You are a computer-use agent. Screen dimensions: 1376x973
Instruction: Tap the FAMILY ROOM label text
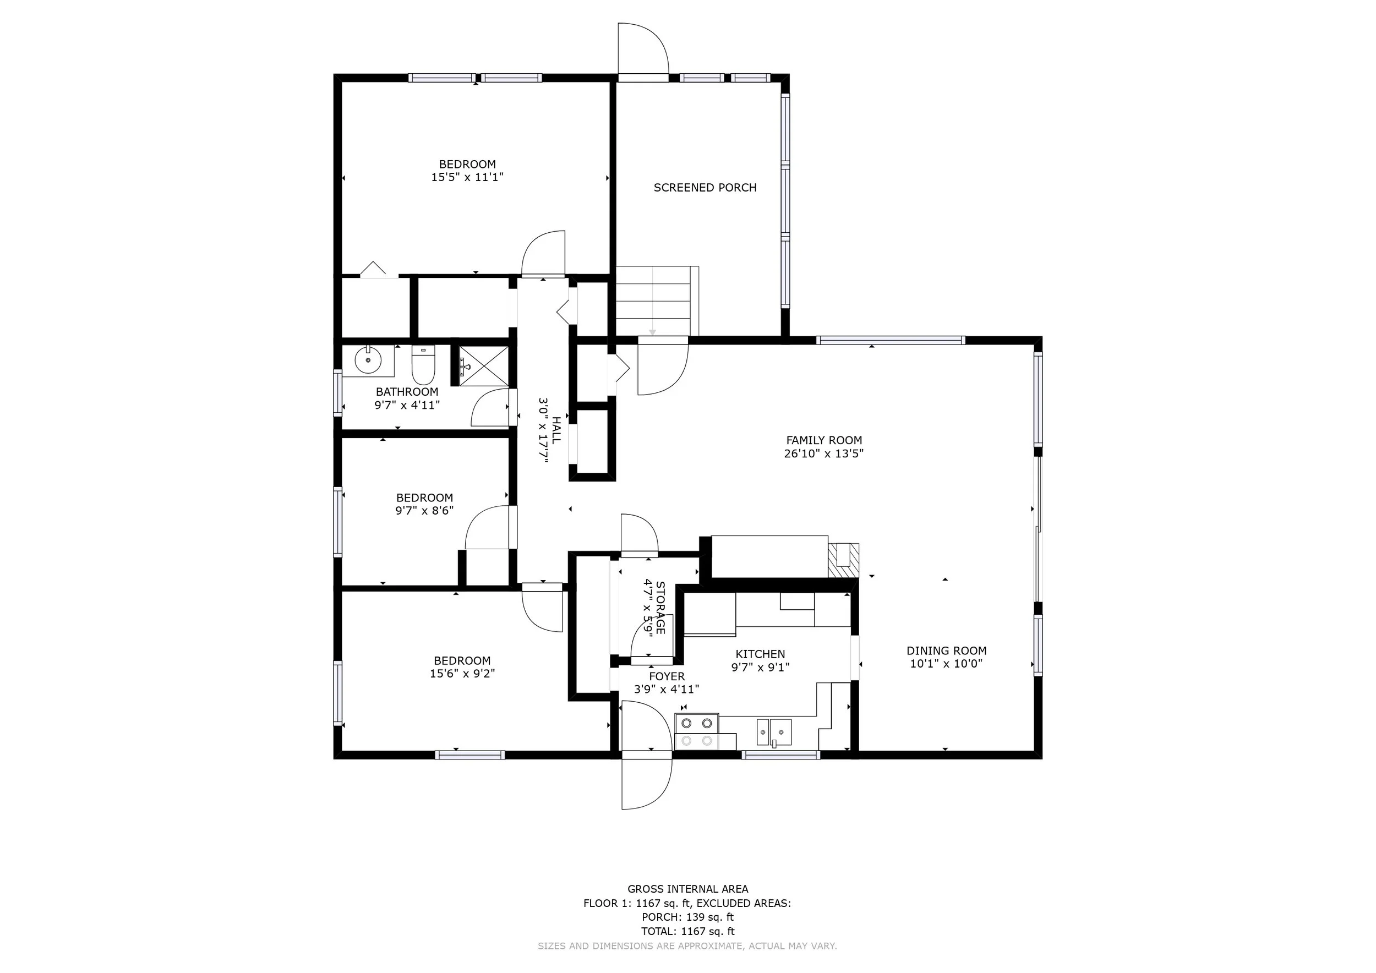(x=824, y=440)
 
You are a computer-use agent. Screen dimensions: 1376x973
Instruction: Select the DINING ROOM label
(x=946, y=651)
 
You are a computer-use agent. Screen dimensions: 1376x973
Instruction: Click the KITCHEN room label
(x=760, y=654)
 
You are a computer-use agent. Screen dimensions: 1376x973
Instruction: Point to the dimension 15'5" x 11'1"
(x=467, y=177)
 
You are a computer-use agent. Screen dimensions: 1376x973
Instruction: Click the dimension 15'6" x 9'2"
(x=462, y=674)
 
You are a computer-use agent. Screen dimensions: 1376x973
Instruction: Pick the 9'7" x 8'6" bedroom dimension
(x=424, y=511)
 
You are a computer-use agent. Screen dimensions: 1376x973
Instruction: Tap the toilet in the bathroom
(x=423, y=365)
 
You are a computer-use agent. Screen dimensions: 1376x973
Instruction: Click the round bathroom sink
(x=368, y=360)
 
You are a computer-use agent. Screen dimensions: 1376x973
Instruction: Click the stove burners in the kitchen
(x=697, y=732)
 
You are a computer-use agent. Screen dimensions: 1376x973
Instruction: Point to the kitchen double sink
(x=774, y=733)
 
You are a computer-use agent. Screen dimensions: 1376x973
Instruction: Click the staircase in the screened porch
(x=657, y=301)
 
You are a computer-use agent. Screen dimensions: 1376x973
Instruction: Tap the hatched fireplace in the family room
(x=843, y=561)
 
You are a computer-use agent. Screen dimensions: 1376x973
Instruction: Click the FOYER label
(x=667, y=676)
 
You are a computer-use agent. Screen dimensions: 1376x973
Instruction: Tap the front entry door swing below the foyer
(x=647, y=784)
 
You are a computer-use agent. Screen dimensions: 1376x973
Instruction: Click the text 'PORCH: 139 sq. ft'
(x=687, y=917)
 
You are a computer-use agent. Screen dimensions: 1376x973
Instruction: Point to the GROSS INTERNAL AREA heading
(x=687, y=889)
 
